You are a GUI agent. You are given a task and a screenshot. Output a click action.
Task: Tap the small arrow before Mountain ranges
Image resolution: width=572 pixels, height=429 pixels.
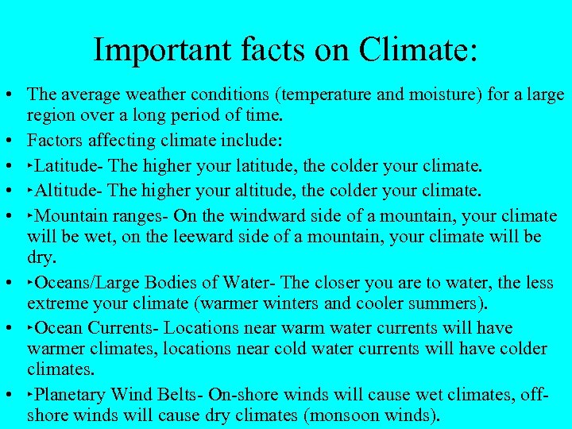[x=31, y=214]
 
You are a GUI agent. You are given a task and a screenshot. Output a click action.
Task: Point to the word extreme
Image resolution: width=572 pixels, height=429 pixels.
[x=56, y=303]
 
